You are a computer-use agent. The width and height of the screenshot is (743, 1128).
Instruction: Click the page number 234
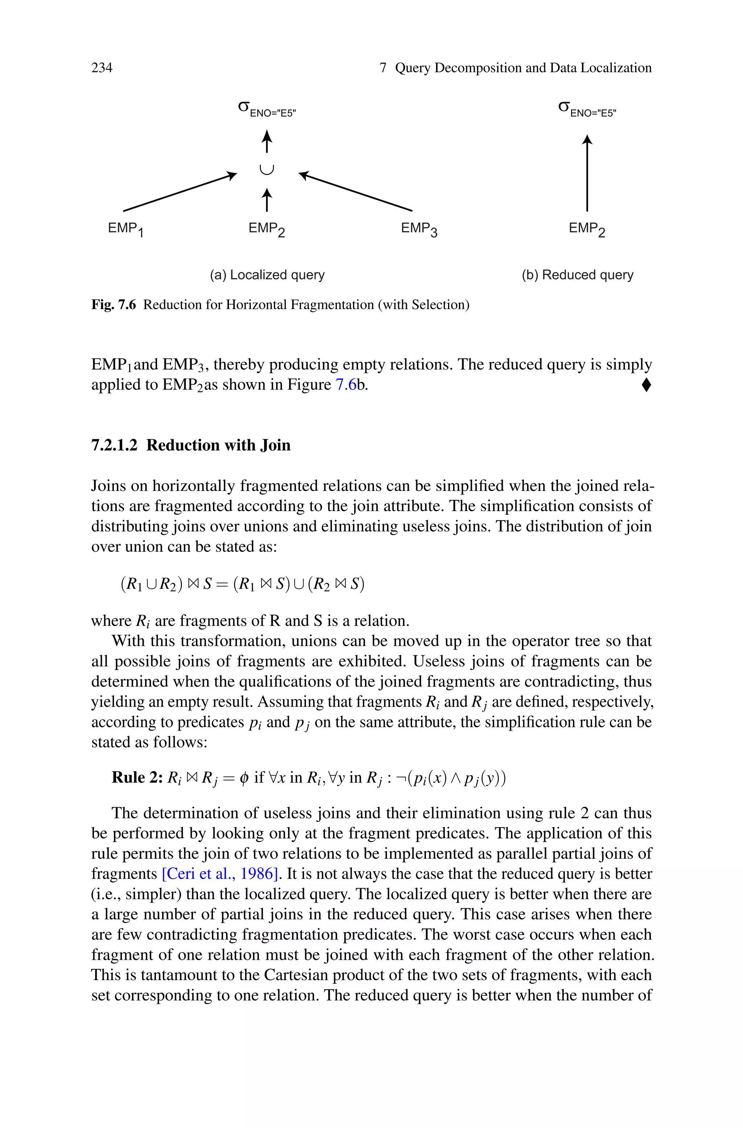click(102, 68)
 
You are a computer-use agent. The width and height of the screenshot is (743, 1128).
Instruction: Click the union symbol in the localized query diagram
click(267, 169)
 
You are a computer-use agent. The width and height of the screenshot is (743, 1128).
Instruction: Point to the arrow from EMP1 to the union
click(180, 192)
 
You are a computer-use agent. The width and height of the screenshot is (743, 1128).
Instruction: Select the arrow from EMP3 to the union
click(356, 192)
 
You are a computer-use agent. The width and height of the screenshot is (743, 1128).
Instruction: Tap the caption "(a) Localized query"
click(267, 275)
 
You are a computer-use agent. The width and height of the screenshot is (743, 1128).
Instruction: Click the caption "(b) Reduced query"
click(577, 275)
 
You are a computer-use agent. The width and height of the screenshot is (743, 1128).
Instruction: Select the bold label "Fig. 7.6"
click(113, 304)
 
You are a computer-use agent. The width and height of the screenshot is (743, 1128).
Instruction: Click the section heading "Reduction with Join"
click(218, 445)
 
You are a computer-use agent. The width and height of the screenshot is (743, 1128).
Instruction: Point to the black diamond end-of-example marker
click(646, 385)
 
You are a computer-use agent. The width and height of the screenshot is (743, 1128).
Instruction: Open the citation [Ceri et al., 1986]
click(219, 874)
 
